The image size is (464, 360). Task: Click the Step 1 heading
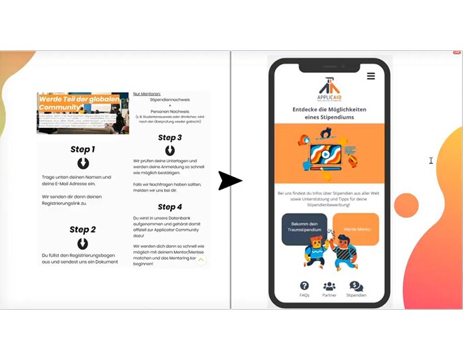point(83,149)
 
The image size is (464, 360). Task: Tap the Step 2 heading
point(83,229)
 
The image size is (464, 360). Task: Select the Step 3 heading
point(170,138)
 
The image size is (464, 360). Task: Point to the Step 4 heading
point(170,207)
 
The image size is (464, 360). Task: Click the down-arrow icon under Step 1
point(83,163)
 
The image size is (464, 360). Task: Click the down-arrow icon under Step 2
point(83,243)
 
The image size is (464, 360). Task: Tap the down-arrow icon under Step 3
point(170,150)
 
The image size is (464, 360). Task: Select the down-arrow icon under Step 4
point(170,219)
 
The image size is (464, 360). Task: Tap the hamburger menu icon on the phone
point(371,76)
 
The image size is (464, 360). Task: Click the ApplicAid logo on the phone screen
point(329,88)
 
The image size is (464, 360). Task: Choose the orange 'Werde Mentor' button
point(357,229)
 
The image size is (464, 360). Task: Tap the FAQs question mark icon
point(304,286)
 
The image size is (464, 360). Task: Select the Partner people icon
point(329,286)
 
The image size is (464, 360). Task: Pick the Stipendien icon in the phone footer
point(356,286)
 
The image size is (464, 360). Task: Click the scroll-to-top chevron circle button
point(200,261)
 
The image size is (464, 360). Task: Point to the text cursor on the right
point(431,160)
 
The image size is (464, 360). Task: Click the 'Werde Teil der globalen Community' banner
point(83,113)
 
